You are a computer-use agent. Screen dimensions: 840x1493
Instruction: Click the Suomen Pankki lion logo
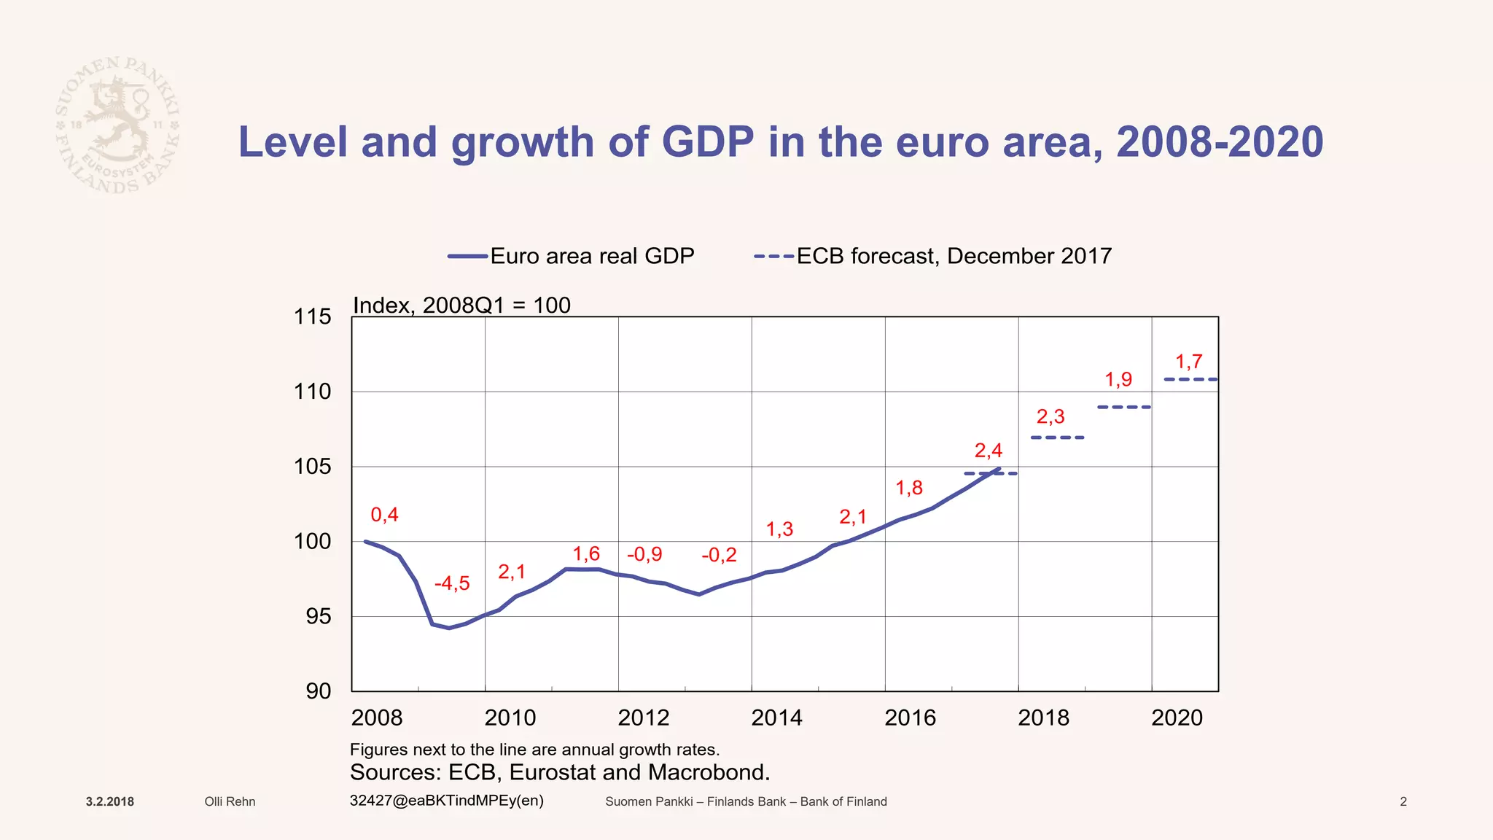(117, 125)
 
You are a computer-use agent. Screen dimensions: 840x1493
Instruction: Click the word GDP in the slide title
(707, 141)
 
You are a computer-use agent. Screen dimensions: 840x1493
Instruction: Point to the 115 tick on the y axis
(312, 316)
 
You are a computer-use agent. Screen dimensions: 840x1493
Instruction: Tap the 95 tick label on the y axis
(318, 617)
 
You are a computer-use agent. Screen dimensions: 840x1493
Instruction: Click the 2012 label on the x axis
(643, 717)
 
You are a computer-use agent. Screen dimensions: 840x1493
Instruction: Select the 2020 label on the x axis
(1177, 717)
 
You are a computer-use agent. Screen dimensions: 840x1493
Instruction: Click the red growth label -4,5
(452, 583)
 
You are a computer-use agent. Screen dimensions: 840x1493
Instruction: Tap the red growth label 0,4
(384, 515)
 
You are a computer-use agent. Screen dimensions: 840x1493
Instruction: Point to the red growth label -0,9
(644, 554)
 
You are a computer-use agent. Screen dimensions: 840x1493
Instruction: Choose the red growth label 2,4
(988, 451)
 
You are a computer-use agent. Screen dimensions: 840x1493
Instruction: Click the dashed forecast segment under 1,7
(1190, 379)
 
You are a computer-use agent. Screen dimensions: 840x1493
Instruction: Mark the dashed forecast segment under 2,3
(1057, 437)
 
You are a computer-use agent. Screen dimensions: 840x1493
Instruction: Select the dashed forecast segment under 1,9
(1123, 407)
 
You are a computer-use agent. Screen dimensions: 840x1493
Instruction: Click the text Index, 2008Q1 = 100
(461, 305)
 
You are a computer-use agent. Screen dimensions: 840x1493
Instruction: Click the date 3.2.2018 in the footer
(110, 802)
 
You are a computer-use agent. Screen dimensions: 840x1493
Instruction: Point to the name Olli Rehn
(230, 802)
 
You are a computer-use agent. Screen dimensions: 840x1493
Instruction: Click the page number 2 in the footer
(1403, 802)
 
